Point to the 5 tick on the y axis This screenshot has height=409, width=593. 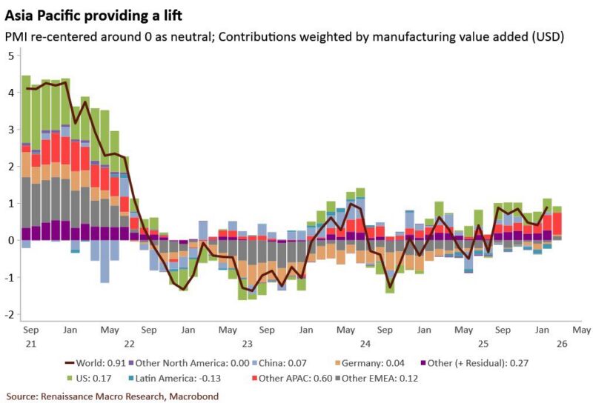[x=11, y=56]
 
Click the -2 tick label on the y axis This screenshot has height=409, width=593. [x=10, y=315]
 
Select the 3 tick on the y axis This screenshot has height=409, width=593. [x=11, y=130]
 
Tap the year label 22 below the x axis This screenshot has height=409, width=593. [x=129, y=344]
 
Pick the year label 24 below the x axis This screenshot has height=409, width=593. [x=365, y=344]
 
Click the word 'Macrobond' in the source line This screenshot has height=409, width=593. [x=193, y=396]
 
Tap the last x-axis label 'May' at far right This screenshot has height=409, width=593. [x=581, y=329]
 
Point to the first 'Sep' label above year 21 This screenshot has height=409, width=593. [x=31, y=329]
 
